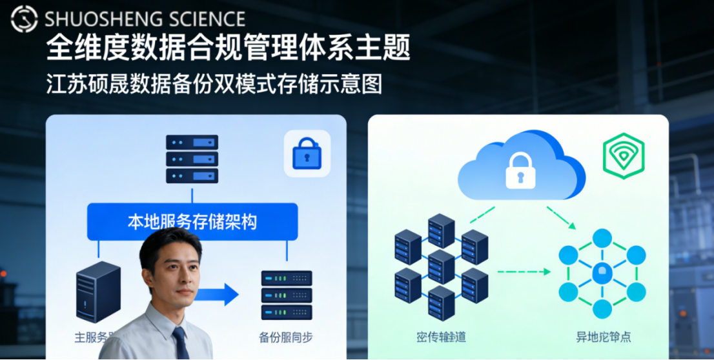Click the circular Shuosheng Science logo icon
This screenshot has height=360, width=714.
tap(24, 19)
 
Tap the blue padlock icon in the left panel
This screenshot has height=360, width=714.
tap(307, 154)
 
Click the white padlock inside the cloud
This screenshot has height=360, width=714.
tap(520, 170)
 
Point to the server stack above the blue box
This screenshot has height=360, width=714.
tap(192, 159)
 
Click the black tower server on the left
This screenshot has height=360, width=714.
tap(97, 292)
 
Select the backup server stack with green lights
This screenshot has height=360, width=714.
tap(286, 295)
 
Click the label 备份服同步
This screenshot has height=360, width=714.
tap(286, 337)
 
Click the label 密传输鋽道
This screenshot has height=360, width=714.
tap(442, 337)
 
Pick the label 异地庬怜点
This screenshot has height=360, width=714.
tap(603, 337)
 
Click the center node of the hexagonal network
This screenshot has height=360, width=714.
tap(601, 274)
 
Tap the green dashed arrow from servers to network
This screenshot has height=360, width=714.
tap(524, 272)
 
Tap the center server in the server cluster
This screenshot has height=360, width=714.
tap(442, 266)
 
